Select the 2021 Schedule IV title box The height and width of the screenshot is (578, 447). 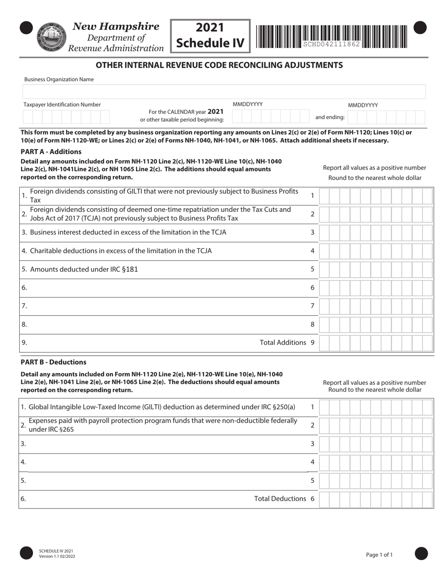click(x=210, y=35)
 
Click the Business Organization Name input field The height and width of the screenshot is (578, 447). click(x=224, y=92)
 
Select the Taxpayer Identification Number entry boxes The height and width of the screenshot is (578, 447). click(x=66, y=117)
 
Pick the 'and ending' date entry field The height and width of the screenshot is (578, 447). click(x=386, y=117)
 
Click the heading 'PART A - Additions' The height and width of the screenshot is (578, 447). click(x=51, y=151)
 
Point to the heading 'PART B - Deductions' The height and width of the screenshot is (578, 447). click(x=54, y=362)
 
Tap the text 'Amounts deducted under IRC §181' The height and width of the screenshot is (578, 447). click(x=84, y=269)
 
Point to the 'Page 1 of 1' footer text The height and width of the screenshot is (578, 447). click(x=379, y=555)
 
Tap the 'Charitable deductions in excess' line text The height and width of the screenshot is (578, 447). click(x=120, y=250)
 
